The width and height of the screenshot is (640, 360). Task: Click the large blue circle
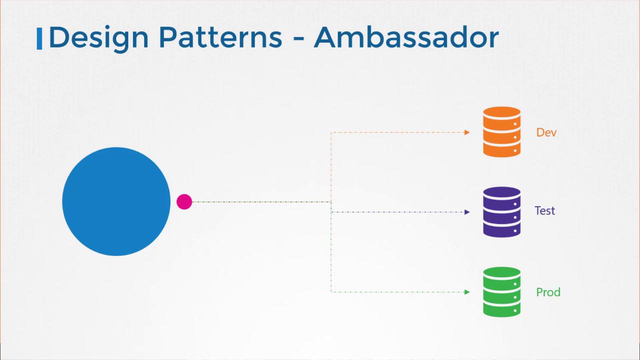point(116,201)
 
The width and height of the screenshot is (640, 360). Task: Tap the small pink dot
point(184,202)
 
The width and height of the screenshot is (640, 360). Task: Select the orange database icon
point(501,132)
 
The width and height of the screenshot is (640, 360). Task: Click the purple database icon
point(501,212)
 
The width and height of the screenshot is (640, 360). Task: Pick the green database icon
point(501,292)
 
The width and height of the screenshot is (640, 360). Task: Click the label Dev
point(546,132)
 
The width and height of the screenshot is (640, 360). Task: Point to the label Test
point(544,211)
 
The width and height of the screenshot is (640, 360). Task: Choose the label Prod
point(548,292)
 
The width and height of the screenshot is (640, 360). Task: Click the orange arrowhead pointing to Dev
point(467,132)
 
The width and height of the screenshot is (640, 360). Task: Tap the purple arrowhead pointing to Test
point(467,212)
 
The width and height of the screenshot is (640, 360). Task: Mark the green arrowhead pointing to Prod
point(467,292)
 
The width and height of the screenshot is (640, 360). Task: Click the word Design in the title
point(98,38)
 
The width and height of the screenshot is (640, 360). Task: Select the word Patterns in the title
point(220,38)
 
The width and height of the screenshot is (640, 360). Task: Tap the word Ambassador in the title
point(406,38)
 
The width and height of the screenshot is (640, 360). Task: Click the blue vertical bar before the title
point(39,39)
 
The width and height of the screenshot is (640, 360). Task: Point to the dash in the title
point(298,39)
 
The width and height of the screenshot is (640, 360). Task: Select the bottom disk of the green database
point(501,308)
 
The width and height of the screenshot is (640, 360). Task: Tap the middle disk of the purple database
point(501,212)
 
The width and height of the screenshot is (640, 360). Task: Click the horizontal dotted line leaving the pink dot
point(260,202)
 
